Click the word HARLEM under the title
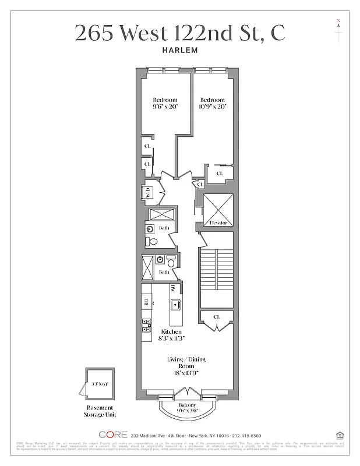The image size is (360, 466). pyautogui.click(x=180, y=50)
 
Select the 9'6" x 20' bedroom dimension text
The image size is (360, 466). pyautogui.click(x=165, y=107)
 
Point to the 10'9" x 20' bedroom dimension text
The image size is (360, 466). pyautogui.click(x=213, y=107)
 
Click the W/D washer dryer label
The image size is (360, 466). pyautogui.click(x=148, y=193)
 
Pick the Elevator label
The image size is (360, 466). pyautogui.click(x=217, y=223)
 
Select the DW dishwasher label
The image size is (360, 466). pyautogui.click(x=173, y=288)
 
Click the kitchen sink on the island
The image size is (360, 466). pyautogui.click(x=174, y=304)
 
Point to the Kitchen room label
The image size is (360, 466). pyautogui.click(x=171, y=331)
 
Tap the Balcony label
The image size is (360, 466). pyautogui.click(x=186, y=405)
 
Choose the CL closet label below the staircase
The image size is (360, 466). pyautogui.click(x=217, y=317)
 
